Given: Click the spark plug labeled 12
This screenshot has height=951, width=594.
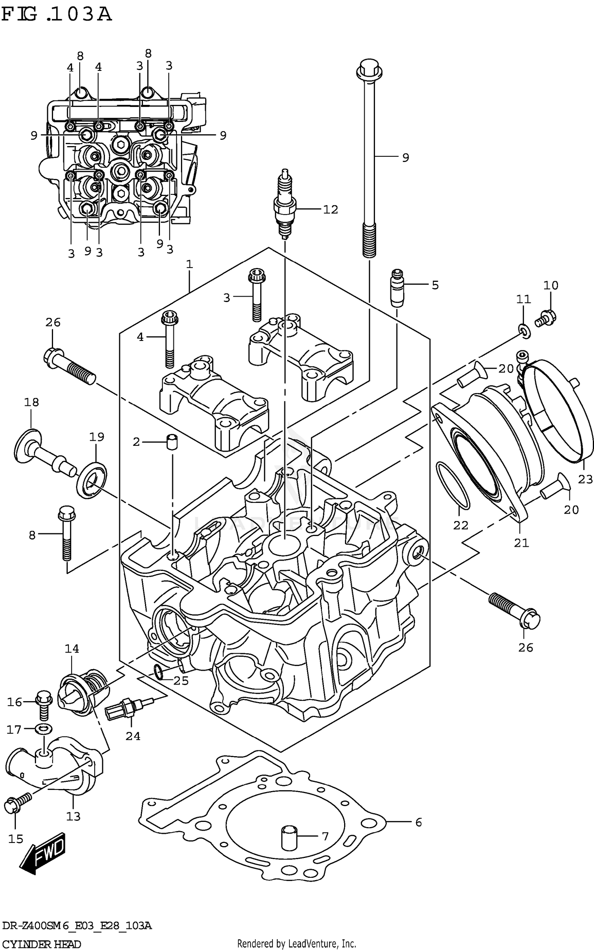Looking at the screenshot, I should tap(285, 206).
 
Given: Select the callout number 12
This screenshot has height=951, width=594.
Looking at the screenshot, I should tap(330, 209).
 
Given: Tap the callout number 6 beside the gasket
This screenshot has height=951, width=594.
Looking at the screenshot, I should tap(419, 822).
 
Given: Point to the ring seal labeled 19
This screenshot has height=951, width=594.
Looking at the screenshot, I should tap(92, 479).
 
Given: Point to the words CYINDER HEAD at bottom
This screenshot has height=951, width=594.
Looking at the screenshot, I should tap(42, 944).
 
